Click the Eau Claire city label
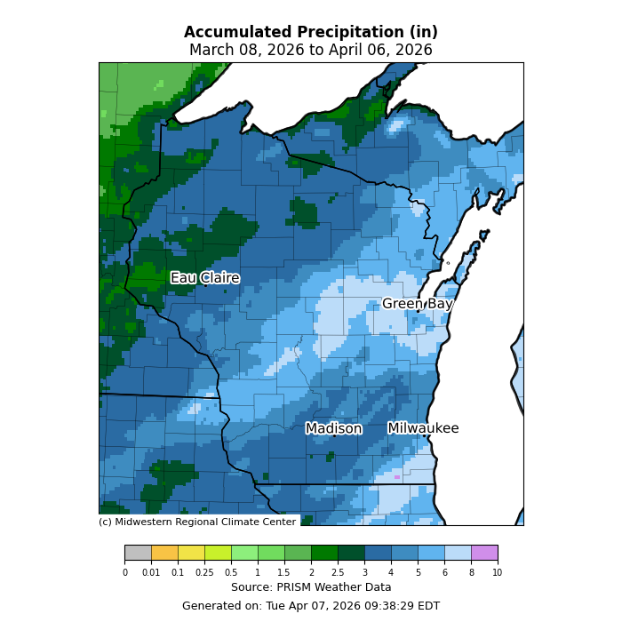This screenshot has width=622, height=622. pos(204,278)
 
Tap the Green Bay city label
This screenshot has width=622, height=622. pos(417,304)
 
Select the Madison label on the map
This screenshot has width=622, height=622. pos(333,428)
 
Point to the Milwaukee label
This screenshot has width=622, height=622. pos(423,428)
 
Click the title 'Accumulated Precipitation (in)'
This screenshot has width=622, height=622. pos(311,32)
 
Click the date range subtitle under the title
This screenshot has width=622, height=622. pos(311,50)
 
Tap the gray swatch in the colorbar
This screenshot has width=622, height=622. pos(138,553)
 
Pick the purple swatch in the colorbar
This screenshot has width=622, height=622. pos(484,553)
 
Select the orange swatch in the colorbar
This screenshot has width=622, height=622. pos(164,553)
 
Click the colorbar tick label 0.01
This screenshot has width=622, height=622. pos(151,573)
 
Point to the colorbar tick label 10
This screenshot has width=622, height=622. pos(498,573)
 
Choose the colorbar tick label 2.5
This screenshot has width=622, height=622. pos(338,573)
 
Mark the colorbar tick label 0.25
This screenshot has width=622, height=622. pos(204,573)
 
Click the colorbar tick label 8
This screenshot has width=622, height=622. pos(471,573)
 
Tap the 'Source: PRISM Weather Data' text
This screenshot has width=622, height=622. pos(311,587)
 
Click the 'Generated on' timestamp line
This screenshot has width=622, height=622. pos(311,606)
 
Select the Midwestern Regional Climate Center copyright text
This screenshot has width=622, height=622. pos(197,522)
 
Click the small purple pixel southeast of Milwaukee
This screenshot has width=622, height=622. pos(397,477)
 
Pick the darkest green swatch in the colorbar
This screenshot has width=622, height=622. pos(351,553)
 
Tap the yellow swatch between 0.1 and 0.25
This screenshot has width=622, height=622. pos(191,553)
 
